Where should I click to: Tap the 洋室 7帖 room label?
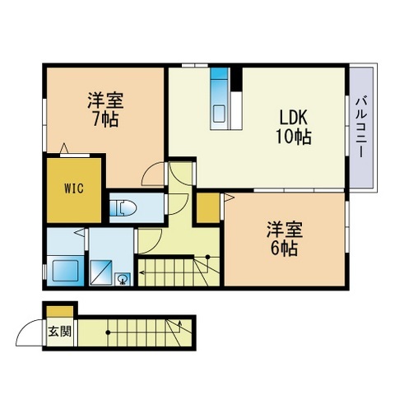tap(106, 109)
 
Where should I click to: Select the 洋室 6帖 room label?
tap(281, 237)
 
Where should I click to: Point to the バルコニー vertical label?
tap(361, 127)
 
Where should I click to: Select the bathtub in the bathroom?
tap(63, 269)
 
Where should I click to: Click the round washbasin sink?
tap(123, 279)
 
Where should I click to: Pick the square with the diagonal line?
tap(102, 270)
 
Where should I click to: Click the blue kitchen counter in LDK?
tap(220, 98)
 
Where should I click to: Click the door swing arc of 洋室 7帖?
tap(152, 174)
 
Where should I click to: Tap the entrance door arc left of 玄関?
tap(30, 334)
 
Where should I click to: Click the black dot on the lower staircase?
tap(108, 333)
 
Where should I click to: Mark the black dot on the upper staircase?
tap(208, 258)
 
